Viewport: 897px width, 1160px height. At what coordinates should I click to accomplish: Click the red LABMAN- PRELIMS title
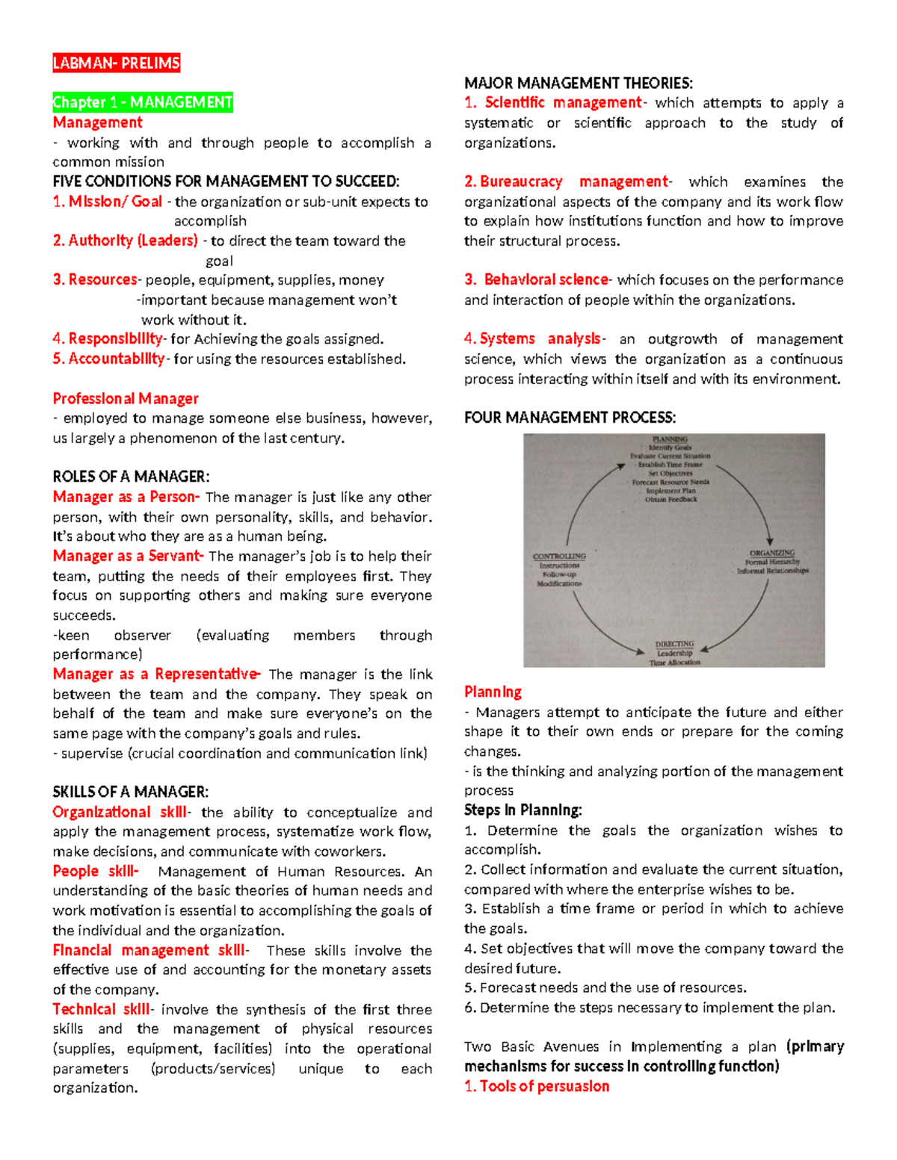pyautogui.click(x=116, y=63)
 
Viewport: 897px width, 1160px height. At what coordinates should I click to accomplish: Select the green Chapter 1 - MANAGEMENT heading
pyautogui.click(x=142, y=102)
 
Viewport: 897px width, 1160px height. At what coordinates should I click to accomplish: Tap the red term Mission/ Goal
pyautogui.click(x=115, y=202)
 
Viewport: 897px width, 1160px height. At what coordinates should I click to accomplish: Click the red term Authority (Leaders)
pyautogui.click(x=132, y=241)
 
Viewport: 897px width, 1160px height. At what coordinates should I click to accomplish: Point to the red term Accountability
pyautogui.click(x=116, y=359)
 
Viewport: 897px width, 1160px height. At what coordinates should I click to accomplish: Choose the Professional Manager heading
pyautogui.click(x=125, y=398)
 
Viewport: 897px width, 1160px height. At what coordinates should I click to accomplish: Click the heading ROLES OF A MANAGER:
pyautogui.click(x=131, y=477)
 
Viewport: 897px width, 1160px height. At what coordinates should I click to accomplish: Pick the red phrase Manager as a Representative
pyautogui.click(x=155, y=674)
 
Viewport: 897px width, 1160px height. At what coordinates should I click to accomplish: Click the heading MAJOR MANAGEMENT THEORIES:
pyautogui.click(x=578, y=83)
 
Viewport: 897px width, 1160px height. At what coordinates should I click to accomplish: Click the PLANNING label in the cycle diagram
pyautogui.click(x=670, y=440)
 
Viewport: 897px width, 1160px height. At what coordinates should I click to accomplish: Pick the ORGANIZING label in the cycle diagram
pyautogui.click(x=772, y=553)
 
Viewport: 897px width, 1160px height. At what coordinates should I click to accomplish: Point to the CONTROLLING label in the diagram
pyautogui.click(x=559, y=556)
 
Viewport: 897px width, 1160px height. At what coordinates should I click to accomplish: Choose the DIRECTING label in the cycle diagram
pyautogui.click(x=674, y=644)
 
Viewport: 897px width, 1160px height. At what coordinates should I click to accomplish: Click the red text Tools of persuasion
pyautogui.click(x=543, y=1086)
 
